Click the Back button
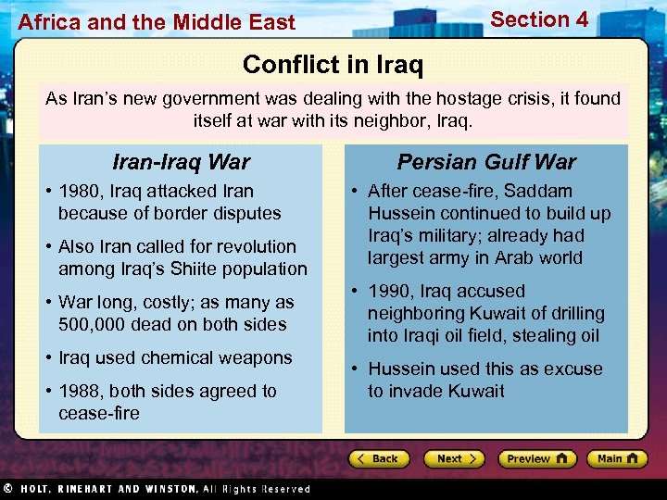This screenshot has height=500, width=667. [380, 458]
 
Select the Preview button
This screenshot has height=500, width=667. [536, 458]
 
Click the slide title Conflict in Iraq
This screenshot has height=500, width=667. [333, 65]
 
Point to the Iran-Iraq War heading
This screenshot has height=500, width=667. [181, 162]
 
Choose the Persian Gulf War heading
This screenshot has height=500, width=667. [486, 162]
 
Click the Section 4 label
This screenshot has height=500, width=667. [539, 19]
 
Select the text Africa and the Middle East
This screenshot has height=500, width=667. [157, 22]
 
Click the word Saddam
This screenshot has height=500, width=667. [540, 191]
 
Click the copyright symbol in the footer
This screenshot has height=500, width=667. [7, 488]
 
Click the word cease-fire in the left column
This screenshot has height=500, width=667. [99, 413]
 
